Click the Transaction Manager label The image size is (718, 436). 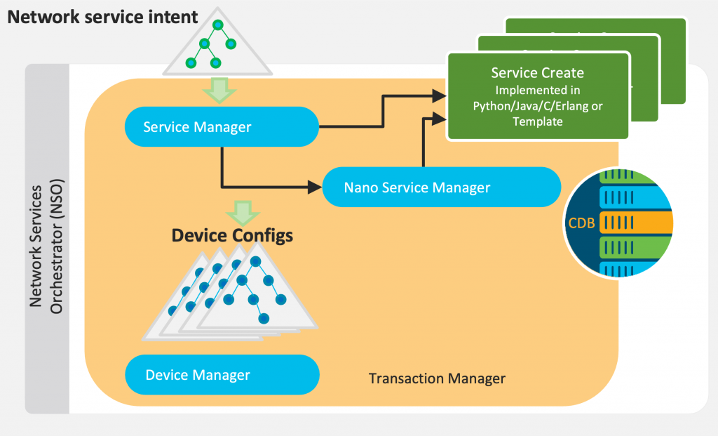pyautogui.click(x=437, y=379)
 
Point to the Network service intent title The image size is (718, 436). pyautogui.click(x=103, y=16)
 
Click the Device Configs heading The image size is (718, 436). pyautogui.click(x=232, y=235)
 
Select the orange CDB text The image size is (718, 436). pyautogui.click(x=581, y=224)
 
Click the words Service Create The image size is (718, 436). pyautogui.click(x=537, y=73)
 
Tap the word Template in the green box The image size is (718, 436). pyautogui.click(x=538, y=121)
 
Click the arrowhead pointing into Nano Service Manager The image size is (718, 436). pyautogui.click(x=313, y=187)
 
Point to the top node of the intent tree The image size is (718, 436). pyautogui.click(x=218, y=25)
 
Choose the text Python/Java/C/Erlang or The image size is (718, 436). pyautogui.click(x=538, y=106)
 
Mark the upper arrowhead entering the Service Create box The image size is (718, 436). pyautogui.click(x=439, y=94)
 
